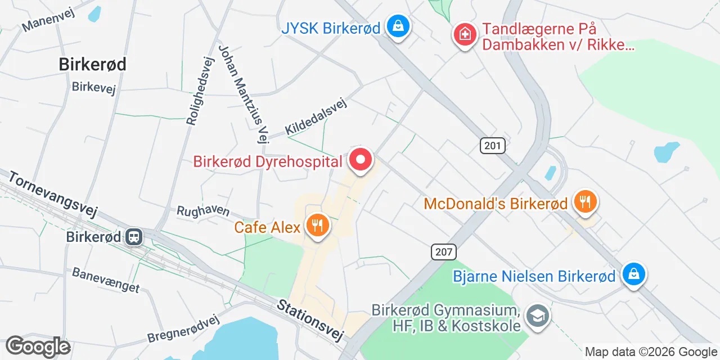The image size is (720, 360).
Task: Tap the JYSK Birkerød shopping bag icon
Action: coord(398,26)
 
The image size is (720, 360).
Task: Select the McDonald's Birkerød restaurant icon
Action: coord(585,201)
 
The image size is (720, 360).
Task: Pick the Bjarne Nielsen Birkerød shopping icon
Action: coord(634,275)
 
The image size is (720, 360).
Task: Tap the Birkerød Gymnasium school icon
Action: coord(537,316)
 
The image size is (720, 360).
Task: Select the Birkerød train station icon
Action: coord(134,236)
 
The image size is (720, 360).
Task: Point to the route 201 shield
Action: coord(493,146)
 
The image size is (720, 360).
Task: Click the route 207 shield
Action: coord(444,251)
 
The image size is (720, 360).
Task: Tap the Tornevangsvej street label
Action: coord(53,194)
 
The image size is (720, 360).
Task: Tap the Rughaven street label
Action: coord(203,211)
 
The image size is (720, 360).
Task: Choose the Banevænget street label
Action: coord(106,280)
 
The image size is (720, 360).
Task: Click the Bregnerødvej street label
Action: coord(183,329)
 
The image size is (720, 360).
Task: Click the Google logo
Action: coord(38,346)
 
